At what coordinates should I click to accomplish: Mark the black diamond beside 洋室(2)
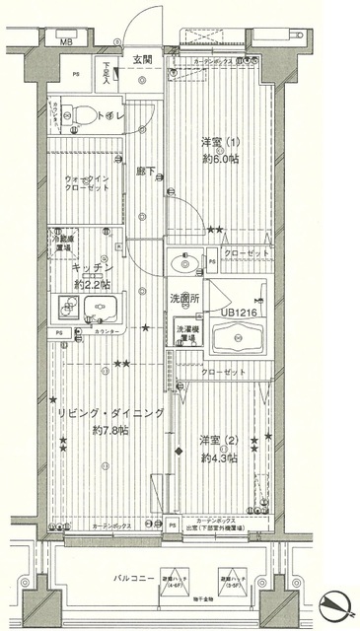(x=179, y=452)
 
